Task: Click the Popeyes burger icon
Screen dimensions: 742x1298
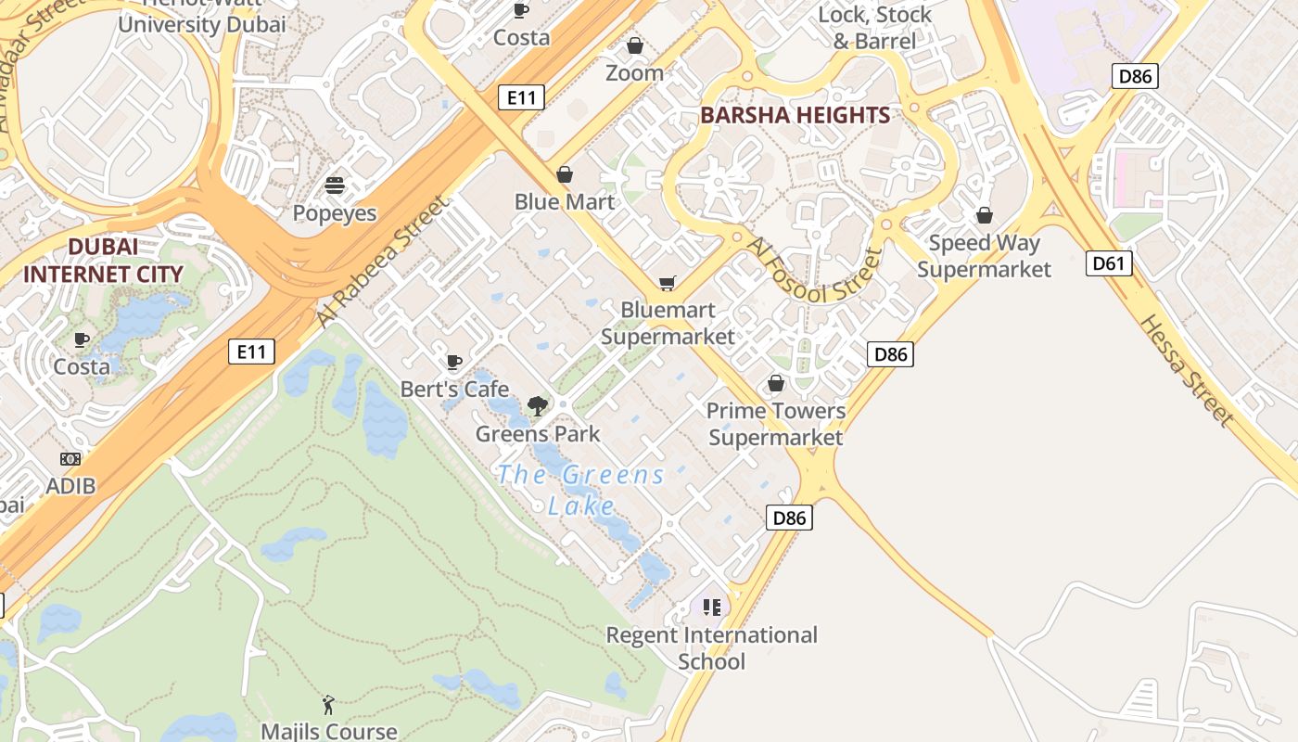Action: (335, 185)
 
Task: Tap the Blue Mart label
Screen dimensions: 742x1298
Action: (565, 201)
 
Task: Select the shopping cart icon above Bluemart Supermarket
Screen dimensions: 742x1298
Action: (667, 283)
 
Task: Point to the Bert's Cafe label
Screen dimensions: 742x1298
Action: (454, 389)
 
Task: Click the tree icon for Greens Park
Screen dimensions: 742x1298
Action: (537, 405)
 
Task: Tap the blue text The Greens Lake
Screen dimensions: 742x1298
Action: (581, 490)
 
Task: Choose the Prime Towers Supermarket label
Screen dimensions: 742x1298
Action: (776, 423)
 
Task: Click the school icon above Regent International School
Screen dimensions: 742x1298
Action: (712, 608)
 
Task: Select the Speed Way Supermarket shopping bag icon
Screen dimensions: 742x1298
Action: (985, 215)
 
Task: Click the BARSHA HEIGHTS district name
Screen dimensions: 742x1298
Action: (795, 115)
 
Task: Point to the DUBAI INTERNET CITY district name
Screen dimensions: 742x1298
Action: (103, 261)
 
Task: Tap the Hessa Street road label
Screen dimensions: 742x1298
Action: (1186, 371)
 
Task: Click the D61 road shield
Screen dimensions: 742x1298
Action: (1108, 263)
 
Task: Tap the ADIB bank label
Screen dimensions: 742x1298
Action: (70, 485)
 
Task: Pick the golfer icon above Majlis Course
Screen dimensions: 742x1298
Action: (328, 705)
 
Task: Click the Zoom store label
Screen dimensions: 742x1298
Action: (635, 72)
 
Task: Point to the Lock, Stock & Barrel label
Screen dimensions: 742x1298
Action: (874, 28)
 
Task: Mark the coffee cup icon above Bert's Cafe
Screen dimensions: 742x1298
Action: (454, 361)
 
